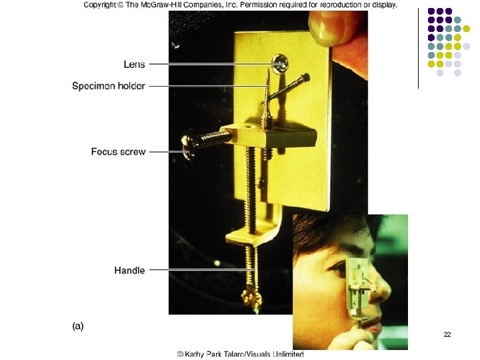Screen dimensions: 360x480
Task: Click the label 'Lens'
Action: tap(134, 65)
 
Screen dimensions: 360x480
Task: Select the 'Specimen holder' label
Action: tap(109, 86)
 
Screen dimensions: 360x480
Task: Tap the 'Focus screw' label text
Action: tap(118, 152)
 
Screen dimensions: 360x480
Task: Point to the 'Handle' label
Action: tap(129, 271)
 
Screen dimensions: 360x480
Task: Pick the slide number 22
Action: tap(447, 333)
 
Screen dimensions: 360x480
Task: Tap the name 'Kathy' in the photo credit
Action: tap(199, 354)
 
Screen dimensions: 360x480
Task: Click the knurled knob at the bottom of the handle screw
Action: tap(252, 295)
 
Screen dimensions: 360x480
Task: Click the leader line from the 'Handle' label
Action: tap(200, 271)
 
